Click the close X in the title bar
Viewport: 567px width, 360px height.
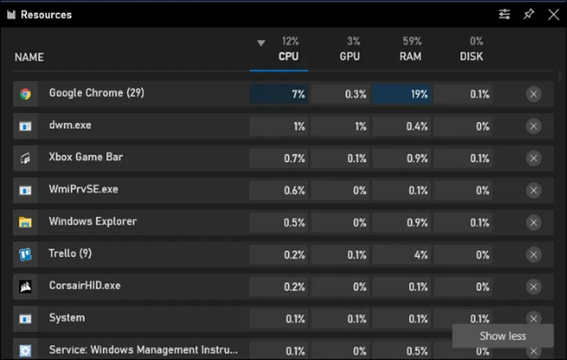(553, 14)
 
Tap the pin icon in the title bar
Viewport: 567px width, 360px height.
(529, 14)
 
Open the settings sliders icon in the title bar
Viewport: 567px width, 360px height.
(505, 14)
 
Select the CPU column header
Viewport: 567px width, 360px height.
(288, 56)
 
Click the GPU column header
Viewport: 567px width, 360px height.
(350, 56)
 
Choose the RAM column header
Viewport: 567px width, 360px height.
(410, 56)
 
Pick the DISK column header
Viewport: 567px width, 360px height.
(472, 56)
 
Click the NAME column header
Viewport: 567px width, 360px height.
(29, 57)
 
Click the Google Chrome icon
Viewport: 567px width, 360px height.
(26, 94)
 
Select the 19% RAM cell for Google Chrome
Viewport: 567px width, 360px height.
(402, 94)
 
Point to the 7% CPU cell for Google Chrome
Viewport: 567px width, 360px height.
(279, 94)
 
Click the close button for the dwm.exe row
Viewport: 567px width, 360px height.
(534, 126)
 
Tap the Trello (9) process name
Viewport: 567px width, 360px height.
(70, 253)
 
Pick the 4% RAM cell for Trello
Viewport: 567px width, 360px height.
(402, 254)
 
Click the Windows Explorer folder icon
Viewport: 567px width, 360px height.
(26, 222)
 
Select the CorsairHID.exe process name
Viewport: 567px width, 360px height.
(84, 286)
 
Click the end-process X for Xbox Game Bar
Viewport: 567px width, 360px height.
(534, 158)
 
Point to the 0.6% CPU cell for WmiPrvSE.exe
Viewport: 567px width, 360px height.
(279, 190)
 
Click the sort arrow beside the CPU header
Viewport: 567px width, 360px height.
(261, 43)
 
